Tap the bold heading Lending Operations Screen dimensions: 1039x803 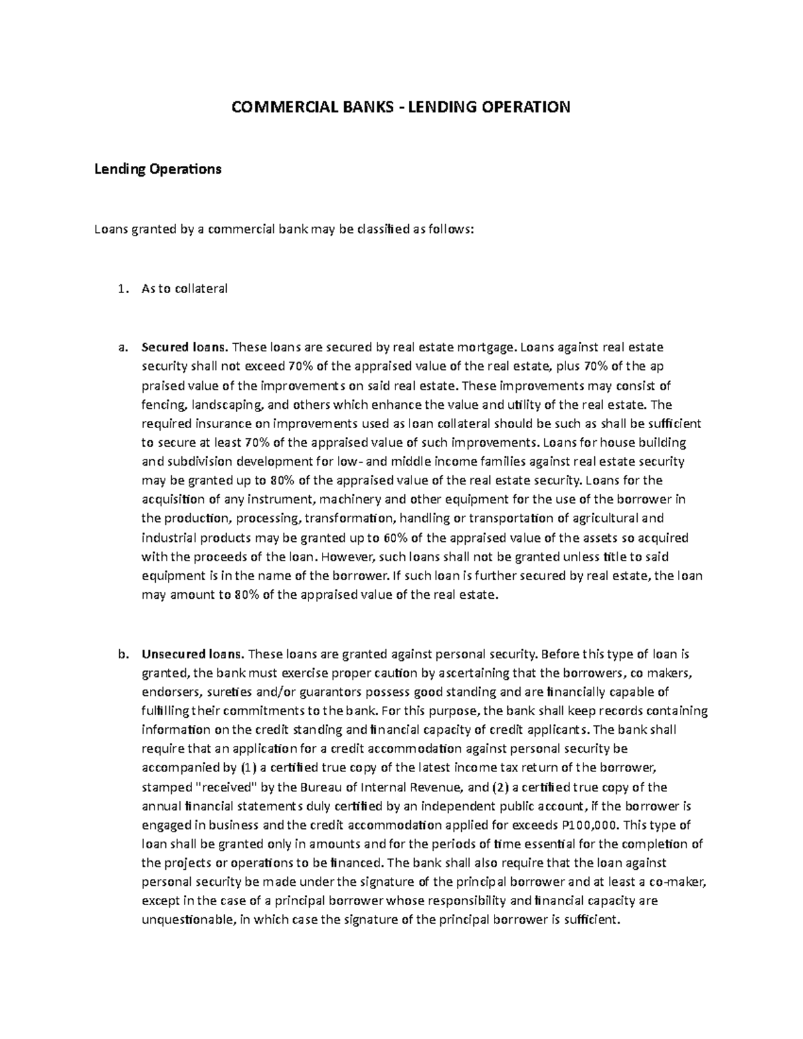(157, 170)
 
